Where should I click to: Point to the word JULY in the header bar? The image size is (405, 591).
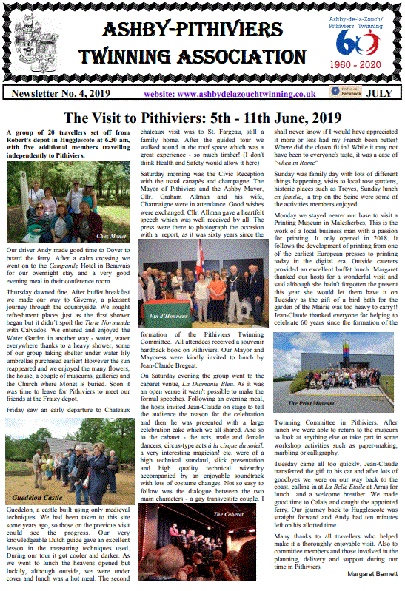coord(380,94)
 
